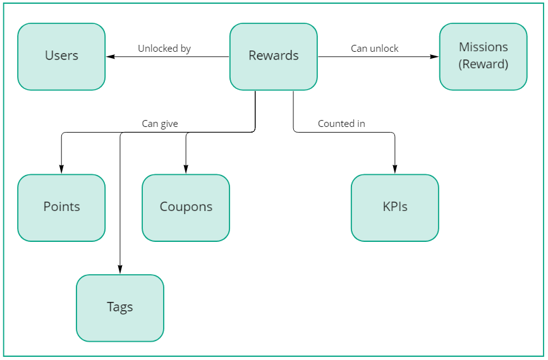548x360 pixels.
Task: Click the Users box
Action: (61, 56)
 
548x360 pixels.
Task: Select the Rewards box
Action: (273, 56)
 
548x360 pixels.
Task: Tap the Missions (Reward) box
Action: (483, 56)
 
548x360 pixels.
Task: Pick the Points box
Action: (61, 207)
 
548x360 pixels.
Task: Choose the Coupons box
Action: (186, 207)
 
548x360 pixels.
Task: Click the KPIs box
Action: (394, 207)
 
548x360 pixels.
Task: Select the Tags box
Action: (120, 308)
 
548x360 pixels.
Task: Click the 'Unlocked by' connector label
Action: (164, 49)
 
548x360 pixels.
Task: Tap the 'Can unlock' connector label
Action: (375, 49)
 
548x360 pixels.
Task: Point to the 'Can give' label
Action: (160, 124)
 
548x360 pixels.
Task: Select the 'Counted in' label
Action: (341, 124)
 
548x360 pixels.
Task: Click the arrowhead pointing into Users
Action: (110, 57)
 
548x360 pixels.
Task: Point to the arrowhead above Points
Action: (61, 169)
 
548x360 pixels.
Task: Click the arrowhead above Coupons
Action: (186, 169)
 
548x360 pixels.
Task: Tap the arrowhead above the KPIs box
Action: (395, 169)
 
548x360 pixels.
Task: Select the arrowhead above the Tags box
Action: (120, 270)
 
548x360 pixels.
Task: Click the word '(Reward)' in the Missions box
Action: (484, 64)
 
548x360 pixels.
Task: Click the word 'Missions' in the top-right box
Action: (484, 47)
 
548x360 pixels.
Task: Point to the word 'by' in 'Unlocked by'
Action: (185, 49)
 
